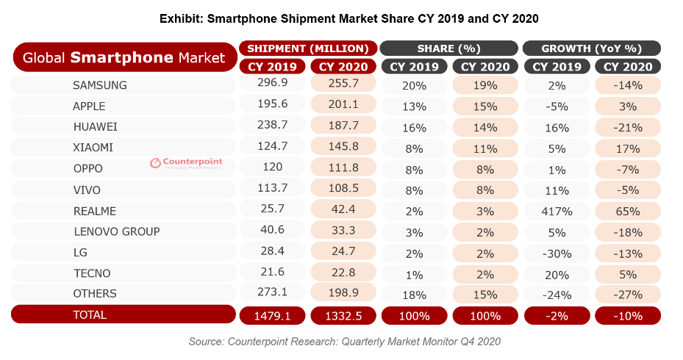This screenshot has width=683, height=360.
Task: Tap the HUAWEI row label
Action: (x=95, y=126)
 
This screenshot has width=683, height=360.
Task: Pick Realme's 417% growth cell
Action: (x=557, y=211)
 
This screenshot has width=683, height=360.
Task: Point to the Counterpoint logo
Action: (x=185, y=163)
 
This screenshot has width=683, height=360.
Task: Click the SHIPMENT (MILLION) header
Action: (x=308, y=48)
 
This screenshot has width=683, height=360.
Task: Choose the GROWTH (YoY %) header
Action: (x=591, y=48)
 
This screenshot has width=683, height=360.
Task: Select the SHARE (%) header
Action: (x=448, y=48)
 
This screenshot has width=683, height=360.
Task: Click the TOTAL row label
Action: (x=90, y=314)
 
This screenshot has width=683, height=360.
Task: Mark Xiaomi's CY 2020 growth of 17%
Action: (x=627, y=148)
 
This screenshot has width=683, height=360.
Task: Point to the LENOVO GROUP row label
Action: (x=116, y=231)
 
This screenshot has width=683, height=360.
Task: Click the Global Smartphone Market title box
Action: (x=124, y=57)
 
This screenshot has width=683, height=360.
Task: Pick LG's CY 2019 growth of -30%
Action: (x=557, y=253)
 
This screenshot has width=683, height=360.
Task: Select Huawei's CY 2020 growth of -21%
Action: (x=627, y=126)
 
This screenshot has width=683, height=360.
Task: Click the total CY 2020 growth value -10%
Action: (x=627, y=315)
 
